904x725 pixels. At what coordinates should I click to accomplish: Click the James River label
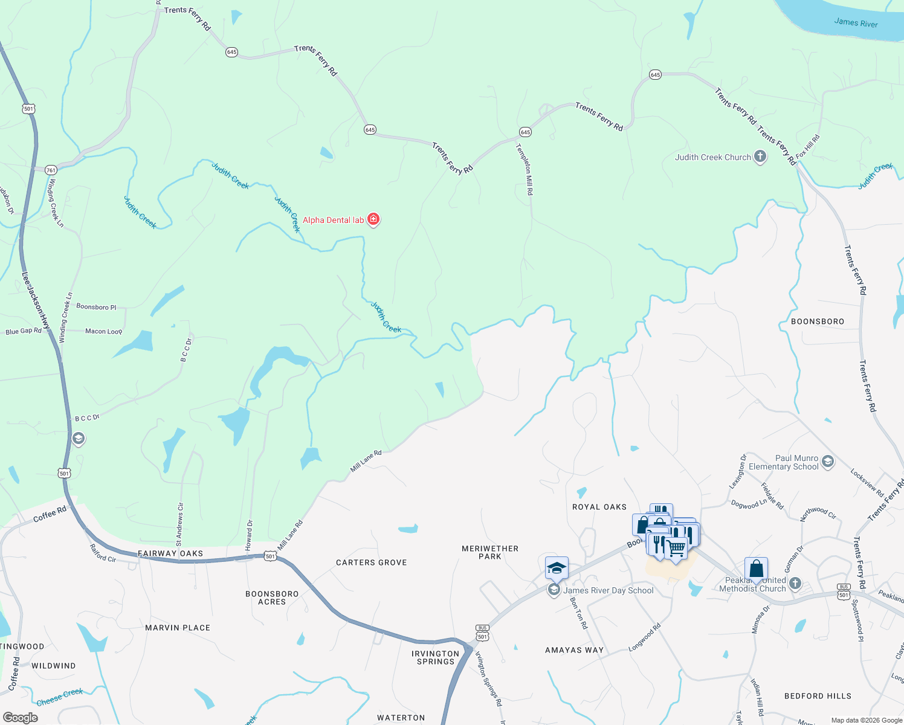(856, 23)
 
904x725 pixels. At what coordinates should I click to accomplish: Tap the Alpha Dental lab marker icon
(373, 219)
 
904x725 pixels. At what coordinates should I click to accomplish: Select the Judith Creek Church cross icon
(760, 157)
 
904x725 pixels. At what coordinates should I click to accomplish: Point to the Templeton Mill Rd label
(525, 169)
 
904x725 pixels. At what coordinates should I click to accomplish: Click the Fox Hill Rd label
(808, 147)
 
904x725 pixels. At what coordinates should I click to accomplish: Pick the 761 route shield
(51, 170)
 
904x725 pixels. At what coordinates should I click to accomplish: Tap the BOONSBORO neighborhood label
(818, 321)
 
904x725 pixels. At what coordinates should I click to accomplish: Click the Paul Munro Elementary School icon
(828, 462)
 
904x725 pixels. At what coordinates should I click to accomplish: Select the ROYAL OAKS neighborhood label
(599, 507)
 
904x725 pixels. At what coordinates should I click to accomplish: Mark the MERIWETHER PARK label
(490, 552)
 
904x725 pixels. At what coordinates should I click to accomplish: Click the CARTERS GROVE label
(372, 562)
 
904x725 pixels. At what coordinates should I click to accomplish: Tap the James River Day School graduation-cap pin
(557, 569)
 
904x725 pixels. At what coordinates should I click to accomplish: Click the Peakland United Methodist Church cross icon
(795, 584)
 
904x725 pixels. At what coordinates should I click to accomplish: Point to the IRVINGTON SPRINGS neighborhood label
(436, 657)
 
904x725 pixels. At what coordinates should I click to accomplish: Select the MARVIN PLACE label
(178, 628)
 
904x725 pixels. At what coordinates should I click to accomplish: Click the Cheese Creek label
(60, 697)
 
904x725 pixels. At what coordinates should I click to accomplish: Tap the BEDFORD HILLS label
(818, 696)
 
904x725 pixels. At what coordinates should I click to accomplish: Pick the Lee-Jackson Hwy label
(36, 300)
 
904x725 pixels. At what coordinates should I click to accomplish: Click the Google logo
(20, 717)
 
